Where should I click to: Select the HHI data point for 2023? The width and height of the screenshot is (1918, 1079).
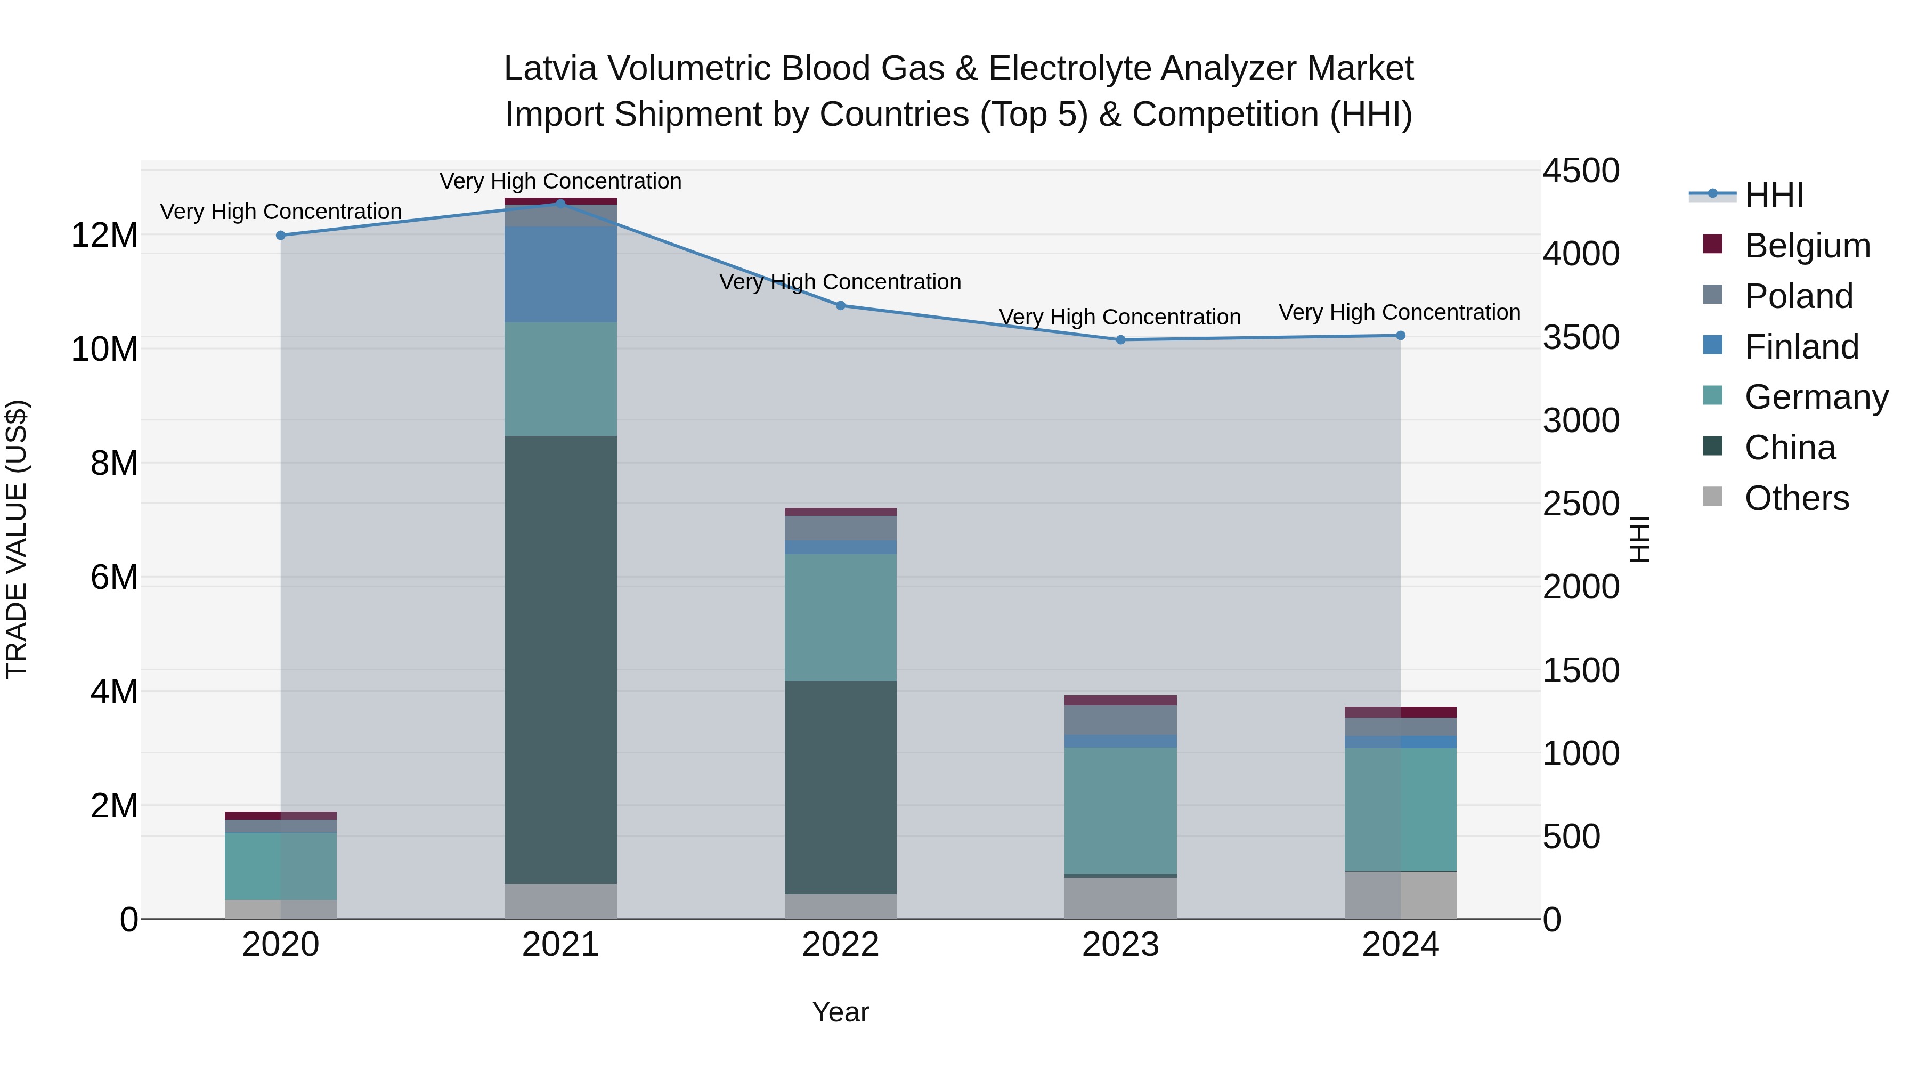coord(1120,339)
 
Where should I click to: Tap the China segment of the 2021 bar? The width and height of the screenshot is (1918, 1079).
coord(560,659)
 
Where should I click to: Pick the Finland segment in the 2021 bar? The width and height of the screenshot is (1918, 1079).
coord(560,274)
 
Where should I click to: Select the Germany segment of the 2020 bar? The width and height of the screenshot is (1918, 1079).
coord(281,865)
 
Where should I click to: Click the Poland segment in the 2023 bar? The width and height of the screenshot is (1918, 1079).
coord(1120,719)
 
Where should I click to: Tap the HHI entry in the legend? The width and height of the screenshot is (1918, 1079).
coord(1774,195)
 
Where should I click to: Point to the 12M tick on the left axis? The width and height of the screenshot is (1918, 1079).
coord(104,236)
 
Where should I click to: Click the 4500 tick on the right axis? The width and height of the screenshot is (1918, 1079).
coord(1580,171)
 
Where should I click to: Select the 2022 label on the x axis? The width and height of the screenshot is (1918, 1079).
coord(841,945)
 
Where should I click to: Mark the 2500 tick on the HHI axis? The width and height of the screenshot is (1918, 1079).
coord(1580,504)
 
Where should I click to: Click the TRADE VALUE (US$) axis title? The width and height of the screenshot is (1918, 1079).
coord(17,539)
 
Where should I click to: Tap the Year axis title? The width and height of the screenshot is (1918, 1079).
coord(841,1012)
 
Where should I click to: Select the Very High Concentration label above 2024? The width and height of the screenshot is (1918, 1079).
coord(1399,312)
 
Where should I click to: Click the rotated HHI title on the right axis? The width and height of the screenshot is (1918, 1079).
coord(1640,539)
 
